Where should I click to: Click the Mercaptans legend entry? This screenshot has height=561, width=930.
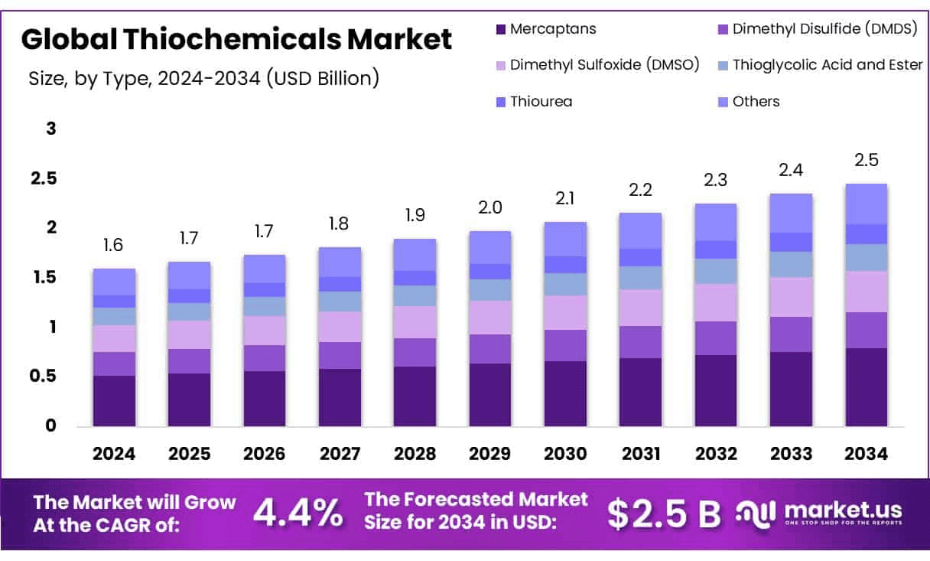coord(552,30)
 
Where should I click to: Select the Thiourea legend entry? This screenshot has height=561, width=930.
coord(541,101)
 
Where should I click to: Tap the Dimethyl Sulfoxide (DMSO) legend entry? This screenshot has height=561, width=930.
coord(604,65)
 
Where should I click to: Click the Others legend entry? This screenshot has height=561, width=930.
coord(756,101)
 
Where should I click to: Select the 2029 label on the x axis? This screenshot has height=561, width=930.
coord(490,454)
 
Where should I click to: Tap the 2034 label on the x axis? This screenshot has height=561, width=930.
coord(867,454)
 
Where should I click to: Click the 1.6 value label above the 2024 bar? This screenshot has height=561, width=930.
coord(114,246)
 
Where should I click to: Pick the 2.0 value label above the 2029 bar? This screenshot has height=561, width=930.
coord(490,208)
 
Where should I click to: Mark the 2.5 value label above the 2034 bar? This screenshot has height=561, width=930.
coord(867,161)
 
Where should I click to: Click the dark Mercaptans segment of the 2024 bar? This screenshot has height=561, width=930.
coord(114,401)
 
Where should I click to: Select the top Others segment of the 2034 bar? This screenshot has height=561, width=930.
coord(867,204)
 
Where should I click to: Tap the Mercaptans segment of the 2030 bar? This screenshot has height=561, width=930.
coord(565,393)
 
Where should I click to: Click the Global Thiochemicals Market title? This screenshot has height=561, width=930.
coord(237,39)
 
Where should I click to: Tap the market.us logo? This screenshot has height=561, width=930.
coord(818,513)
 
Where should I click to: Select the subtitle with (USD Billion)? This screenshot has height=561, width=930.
coord(203,78)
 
